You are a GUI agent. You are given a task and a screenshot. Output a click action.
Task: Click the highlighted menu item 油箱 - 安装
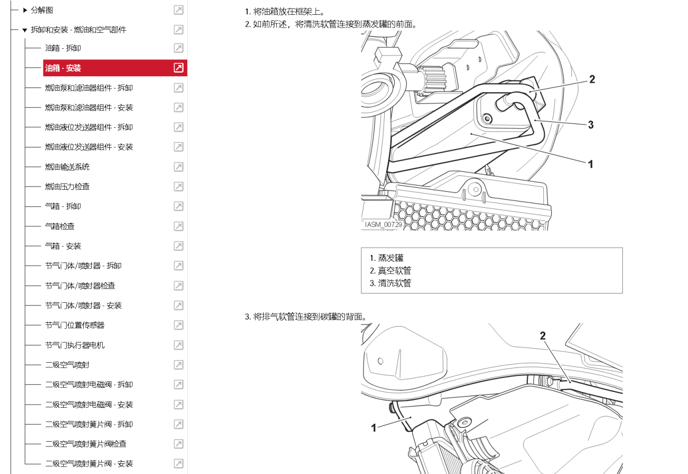click(63, 68)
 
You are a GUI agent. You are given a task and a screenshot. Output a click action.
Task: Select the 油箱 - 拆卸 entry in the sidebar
click(63, 48)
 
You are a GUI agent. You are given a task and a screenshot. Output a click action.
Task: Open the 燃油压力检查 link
click(67, 187)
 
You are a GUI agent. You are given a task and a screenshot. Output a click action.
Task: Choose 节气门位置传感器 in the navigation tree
click(75, 325)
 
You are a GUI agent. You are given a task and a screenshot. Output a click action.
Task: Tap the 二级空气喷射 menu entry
click(67, 365)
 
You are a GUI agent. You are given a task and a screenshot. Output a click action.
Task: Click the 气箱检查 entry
click(59, 226)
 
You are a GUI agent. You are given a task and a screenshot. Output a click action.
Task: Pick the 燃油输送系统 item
click(67, 167)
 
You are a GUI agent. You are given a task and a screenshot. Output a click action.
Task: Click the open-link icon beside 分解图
click(179, 10)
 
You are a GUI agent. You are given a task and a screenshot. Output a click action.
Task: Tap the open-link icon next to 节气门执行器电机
click(179, 345)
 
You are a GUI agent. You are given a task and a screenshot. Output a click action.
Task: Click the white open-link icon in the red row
click(179, 68)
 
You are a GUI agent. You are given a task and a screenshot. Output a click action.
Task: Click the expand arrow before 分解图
click(25, 10)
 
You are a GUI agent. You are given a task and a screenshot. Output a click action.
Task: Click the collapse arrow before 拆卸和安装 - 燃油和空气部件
click(24, 30)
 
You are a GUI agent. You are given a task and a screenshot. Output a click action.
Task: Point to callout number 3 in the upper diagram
click(590, 125)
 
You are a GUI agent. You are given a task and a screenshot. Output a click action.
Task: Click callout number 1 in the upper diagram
click(590, 164)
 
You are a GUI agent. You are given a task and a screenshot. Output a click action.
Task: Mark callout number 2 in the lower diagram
click(543, 336)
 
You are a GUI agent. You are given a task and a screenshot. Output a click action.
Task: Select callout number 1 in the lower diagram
click(373, 427)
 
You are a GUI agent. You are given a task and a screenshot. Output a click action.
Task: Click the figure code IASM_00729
click(383, 225)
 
